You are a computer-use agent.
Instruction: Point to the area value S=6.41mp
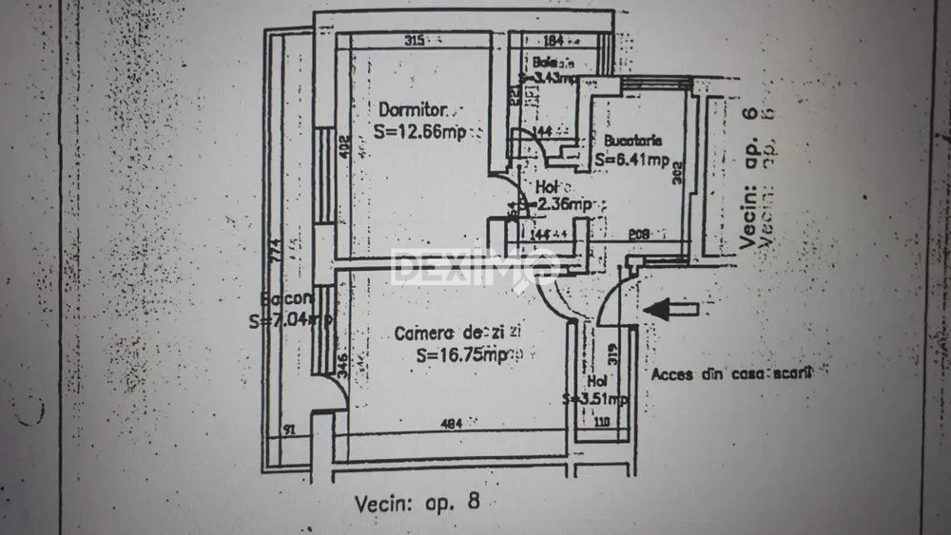tap(632, 161)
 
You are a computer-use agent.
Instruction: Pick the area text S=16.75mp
tap(463, 355)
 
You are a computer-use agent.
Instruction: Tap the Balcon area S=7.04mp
tap(290, 321)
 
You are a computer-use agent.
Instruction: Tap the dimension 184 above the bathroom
tap(555, 41)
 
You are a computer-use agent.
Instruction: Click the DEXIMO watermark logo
tap(474, 267)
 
